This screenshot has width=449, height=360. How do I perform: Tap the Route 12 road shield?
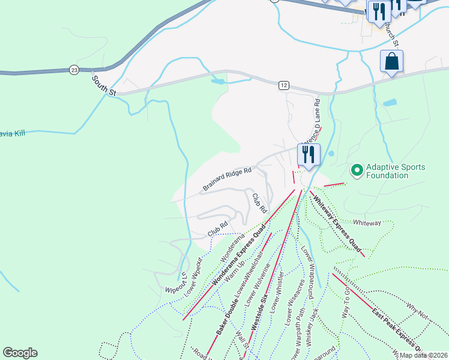[284, 86]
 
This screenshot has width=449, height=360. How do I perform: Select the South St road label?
[103, 85]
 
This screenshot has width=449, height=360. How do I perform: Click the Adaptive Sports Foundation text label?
[388, 171]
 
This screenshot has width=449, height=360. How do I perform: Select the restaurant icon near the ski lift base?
[309, 155]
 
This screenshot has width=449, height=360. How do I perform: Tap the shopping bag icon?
[391, 61]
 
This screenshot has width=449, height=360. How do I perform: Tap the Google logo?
[20, 353]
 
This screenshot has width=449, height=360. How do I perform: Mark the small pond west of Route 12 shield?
[217, 80]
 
